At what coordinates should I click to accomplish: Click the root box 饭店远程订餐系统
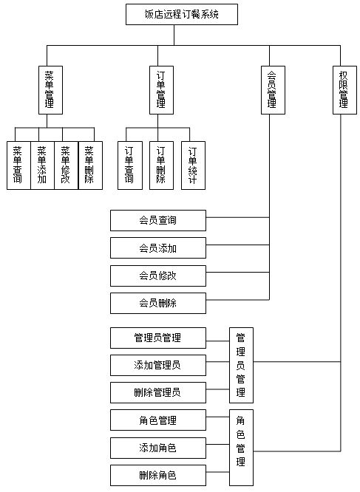[182, 14]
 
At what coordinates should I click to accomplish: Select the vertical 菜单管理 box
[50, 90]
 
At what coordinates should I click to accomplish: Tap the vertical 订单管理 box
[161, 90]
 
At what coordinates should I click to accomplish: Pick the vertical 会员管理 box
[273, 90]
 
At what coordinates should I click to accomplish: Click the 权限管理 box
[344, 90]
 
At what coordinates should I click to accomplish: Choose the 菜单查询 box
[18, 165]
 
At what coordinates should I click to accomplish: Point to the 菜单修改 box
[67, 165]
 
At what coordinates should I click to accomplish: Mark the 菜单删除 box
[90, 165]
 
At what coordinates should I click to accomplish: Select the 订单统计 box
[194, 165]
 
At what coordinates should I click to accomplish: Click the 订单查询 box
[130, 165]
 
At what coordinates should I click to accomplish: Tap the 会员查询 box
[158, 221]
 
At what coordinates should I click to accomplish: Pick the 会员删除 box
[158, 303]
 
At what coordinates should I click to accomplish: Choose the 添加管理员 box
[158, 365]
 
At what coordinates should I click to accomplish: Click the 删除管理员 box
[158, 392]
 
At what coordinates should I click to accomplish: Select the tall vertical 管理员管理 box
[242, 365]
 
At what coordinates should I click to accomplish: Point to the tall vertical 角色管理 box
[242, 448]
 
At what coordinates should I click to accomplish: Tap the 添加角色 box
[158, 448]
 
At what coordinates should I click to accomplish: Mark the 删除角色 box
[158, 476]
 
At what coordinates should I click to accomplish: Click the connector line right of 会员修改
[237, 273]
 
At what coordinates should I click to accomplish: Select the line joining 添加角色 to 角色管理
[218, 444]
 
